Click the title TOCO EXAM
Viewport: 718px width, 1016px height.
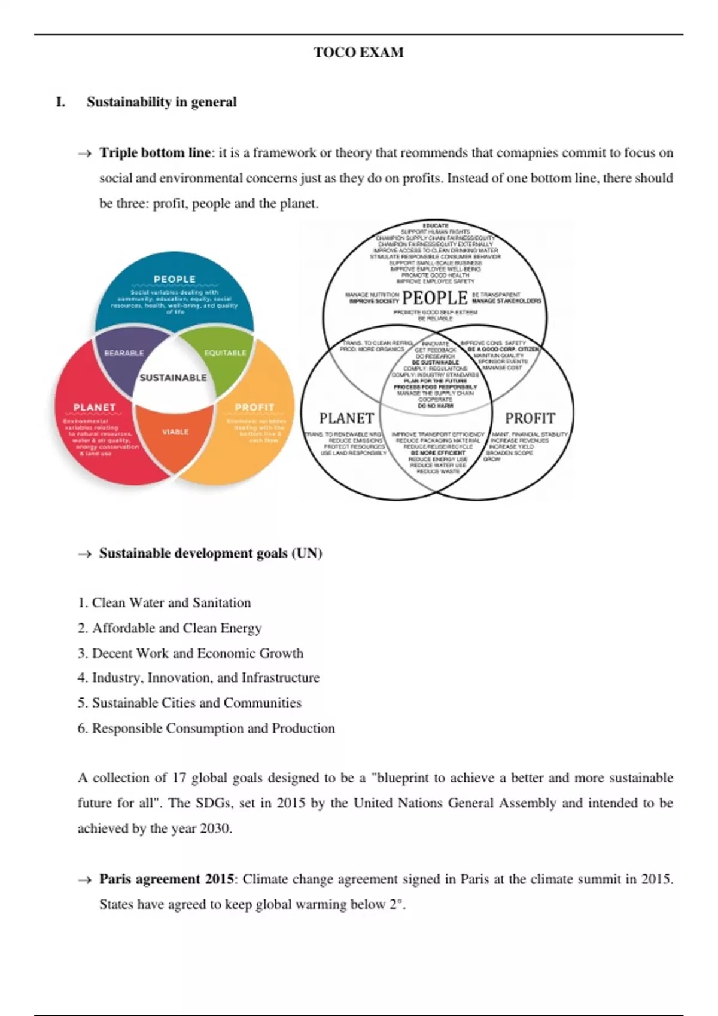click(358, 53)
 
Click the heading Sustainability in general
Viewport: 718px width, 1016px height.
click(162, 102)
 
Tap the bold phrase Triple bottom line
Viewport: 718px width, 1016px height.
click(155, 153)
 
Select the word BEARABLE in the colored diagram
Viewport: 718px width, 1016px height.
click(124, 353)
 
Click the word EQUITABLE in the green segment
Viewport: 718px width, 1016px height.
click(225, 353)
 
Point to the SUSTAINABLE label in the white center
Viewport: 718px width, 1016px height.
click(173, 378)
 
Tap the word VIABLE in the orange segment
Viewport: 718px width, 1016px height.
click(175, 432)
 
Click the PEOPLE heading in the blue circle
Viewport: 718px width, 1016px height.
click(174, 279)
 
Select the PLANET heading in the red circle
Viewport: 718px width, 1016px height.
click(94, 407)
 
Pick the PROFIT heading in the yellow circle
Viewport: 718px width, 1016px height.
click(254, 407)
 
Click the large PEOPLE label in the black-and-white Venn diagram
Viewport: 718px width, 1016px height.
click(435, 298)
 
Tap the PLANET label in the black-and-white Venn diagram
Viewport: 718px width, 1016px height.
click(346, 418)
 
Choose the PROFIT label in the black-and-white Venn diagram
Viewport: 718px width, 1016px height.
click(530, 418)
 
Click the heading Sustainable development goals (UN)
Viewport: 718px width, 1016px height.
click(211, 553)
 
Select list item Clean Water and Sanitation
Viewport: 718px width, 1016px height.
click(171, 603)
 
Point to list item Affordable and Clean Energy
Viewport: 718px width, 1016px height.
click(177, 628)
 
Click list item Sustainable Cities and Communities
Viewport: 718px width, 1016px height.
click(196, 703)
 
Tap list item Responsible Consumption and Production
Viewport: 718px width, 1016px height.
click(213, 729)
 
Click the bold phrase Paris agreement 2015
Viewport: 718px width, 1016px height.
click(166, 879)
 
